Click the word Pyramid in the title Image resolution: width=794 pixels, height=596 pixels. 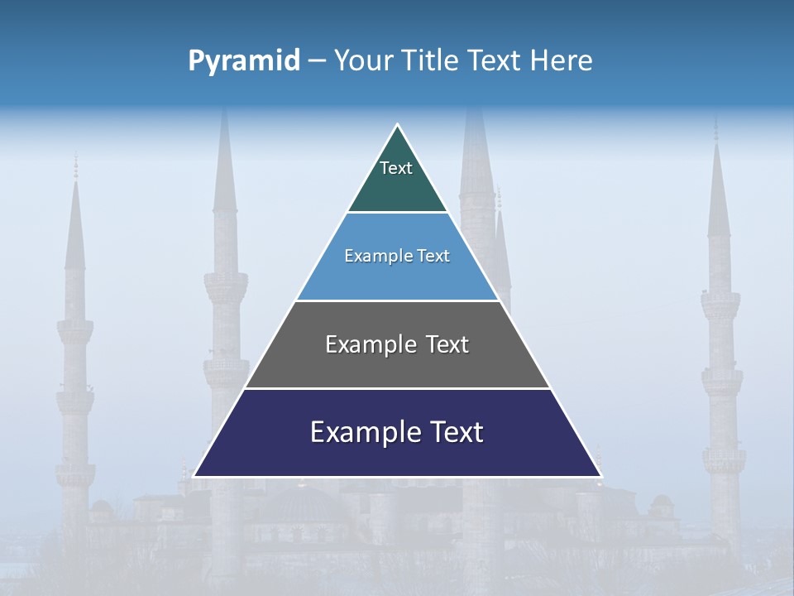coord(243,61)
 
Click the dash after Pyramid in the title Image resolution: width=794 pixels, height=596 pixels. coord(316,61)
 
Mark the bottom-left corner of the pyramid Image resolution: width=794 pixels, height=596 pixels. coord(194,476)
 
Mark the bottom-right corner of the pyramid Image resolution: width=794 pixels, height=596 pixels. coord(601,476)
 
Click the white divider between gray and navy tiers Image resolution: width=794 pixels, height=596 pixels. coord(397,388)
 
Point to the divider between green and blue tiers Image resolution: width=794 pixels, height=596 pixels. coord(397,213)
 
